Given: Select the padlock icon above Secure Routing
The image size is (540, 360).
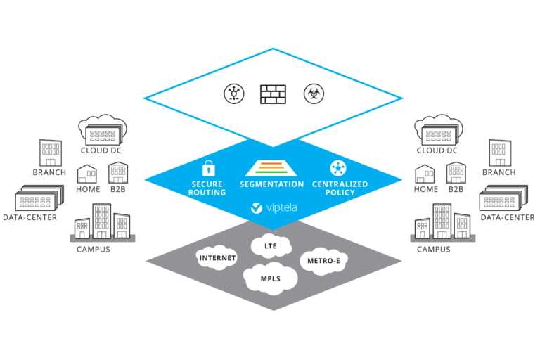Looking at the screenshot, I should pyautogui.click(x=207, y=169).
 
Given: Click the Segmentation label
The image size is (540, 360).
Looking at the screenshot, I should pyautogui.click(x=271, y=184).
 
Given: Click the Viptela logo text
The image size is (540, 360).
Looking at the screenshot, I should pyautogui.click(x=276, y=208).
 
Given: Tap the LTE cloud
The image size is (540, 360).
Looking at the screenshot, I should pyautogui.click(x=270, y=246).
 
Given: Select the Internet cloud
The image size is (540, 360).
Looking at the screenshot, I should pyautogui.click(x=218, y=257).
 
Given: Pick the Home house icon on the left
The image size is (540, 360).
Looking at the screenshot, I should pyautogui.click(x=86, y=173).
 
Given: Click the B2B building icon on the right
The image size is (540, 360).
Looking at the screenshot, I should pyautogui.click(x=456, y=172).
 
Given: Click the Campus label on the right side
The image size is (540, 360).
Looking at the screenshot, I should pyautogui.click(x=434, y=249).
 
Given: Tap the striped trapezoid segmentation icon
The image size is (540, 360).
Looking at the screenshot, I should pyautogui.click(x=271, y=169).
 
